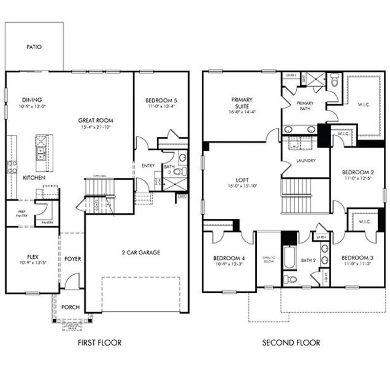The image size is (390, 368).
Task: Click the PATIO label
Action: pos(34,47)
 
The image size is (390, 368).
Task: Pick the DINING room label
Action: pos(31,99)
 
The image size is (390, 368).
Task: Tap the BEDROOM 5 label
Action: pos(161,100)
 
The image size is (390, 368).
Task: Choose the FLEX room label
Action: pos(32,257)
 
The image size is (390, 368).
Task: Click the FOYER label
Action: pos(72,259)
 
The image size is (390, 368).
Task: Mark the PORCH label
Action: pos(71,307)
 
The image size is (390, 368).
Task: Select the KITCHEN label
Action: pos(34,177)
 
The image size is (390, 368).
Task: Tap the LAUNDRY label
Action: pos(305,161)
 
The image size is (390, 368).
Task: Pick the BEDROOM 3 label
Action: pos(357,257)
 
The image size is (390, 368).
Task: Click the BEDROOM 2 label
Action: pos(357,172)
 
